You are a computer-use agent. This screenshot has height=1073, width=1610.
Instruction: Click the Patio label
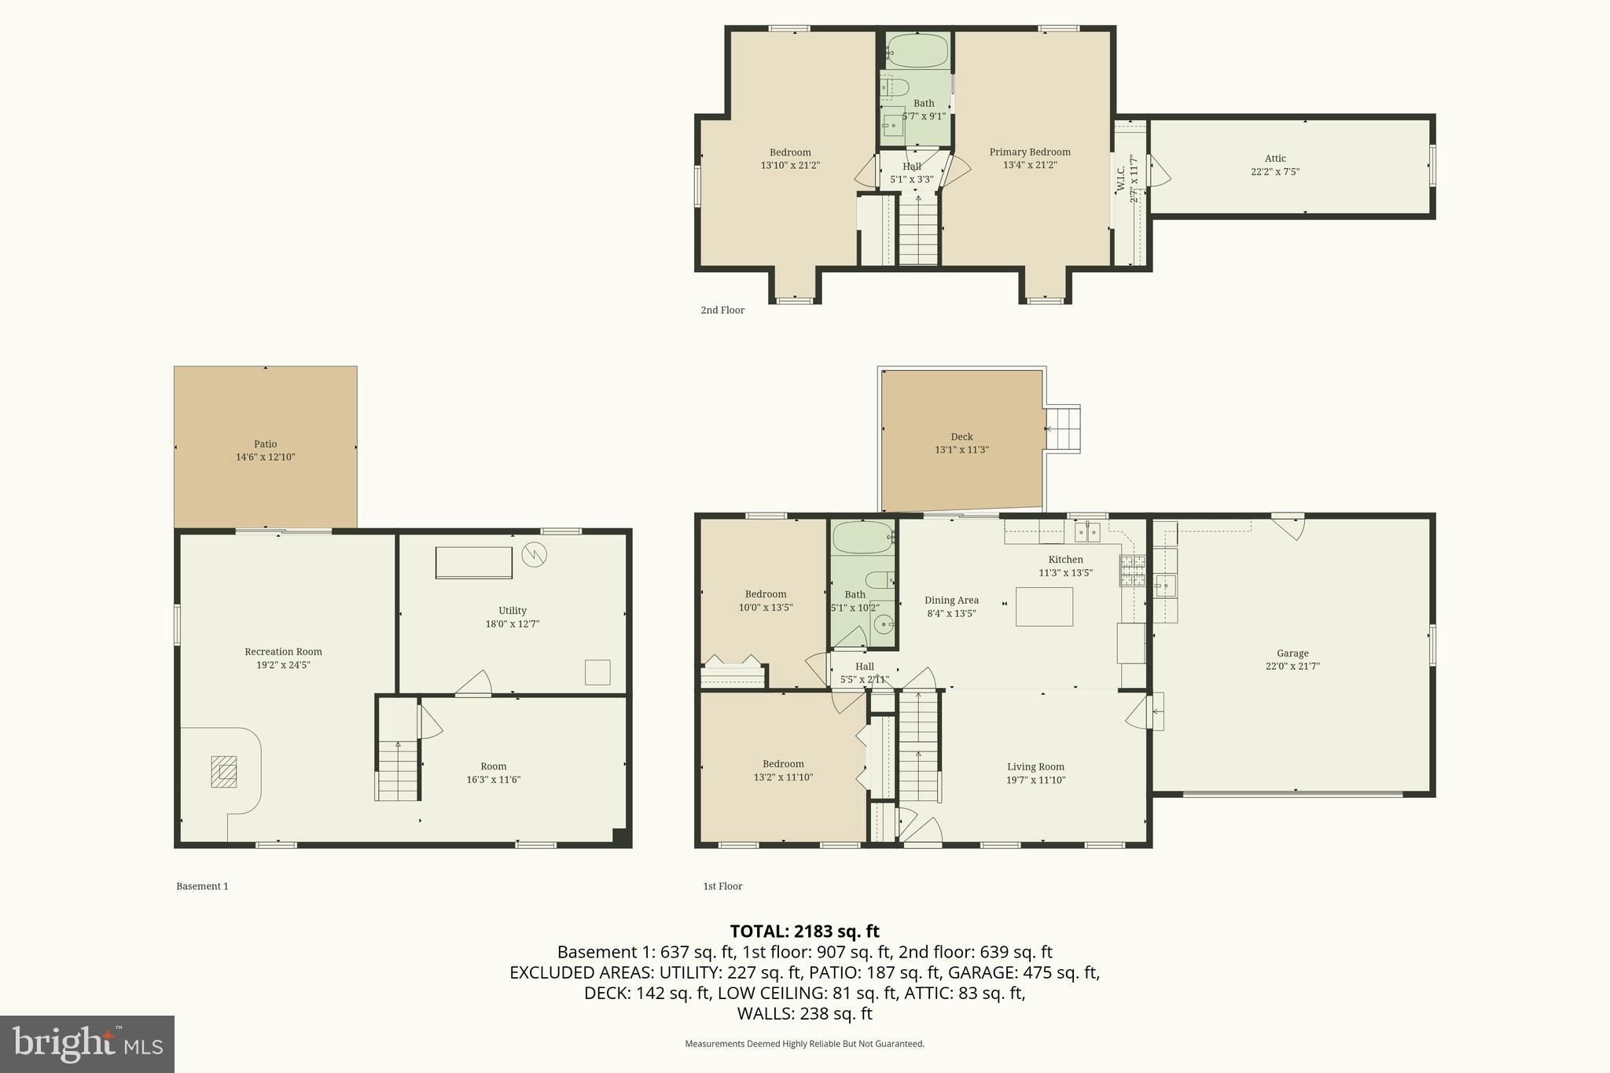(x=265, y=444)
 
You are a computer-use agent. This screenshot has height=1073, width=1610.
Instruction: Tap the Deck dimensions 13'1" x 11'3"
(x=961, y=450)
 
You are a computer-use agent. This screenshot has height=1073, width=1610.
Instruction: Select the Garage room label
(x=1292, y=653)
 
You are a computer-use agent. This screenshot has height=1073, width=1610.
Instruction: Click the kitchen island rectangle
(x=1044, y=607)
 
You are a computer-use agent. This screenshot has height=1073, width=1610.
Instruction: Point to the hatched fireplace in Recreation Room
(x=223, y=772)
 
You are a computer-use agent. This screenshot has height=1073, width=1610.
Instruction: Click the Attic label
(x=1275, y=159)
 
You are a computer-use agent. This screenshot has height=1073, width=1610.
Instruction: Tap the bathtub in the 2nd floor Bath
(x=918, y=51)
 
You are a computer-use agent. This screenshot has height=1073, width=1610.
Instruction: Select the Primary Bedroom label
(x=1030, y=152)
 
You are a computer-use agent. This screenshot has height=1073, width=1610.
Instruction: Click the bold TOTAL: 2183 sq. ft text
(x=804, y=932)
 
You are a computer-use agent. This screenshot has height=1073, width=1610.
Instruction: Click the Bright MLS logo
(x=87, y=1043)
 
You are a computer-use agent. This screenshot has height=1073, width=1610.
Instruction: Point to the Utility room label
(x=512, y=611)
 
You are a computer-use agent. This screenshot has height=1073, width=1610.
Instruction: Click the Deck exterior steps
(x=1063, y=429)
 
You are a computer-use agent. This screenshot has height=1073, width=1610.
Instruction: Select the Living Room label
(x=1035, y=767)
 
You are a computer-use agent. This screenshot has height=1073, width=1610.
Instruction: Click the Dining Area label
(x=951, y=601)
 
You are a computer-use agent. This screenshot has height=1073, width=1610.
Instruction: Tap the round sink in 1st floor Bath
(x=884, y=626)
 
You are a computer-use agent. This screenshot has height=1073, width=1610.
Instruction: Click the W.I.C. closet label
(x=1121, y=180)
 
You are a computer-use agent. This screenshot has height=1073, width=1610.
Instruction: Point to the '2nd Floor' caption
(x=722, y=311)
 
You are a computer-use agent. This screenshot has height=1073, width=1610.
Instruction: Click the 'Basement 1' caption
(x=202, y=886)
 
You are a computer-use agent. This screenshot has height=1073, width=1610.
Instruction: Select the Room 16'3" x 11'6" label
(x=493, y=766)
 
